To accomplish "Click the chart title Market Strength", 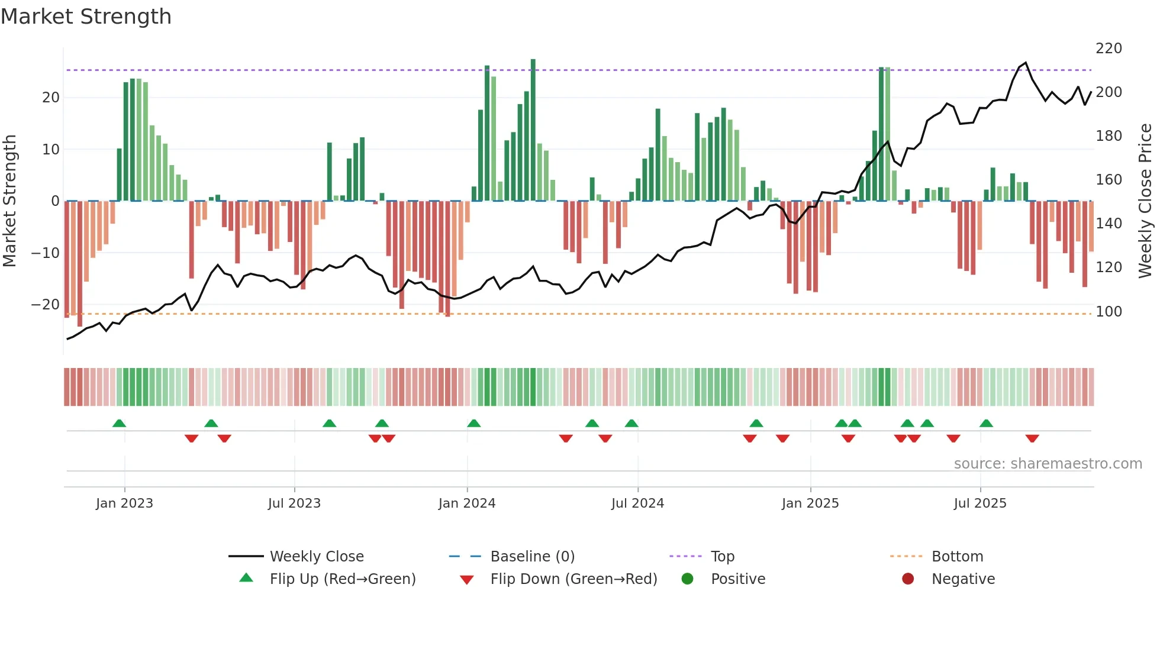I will point(86,17).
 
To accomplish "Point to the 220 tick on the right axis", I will point(1109,49).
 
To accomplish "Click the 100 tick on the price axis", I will point(1109,311).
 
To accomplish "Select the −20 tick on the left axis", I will point(46,305).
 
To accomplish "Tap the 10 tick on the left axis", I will point(51,150).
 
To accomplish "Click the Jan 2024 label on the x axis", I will point(467,503).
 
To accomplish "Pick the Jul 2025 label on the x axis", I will point(980,503).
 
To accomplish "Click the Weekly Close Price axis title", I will point(1145,201).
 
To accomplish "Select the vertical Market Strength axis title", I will point(10,201).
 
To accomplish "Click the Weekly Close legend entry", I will point(317,557).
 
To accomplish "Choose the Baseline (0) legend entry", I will point(532,557).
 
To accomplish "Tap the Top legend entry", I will point(722,557).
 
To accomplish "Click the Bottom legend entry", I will point(957,557).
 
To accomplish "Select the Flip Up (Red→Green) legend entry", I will point(343,579).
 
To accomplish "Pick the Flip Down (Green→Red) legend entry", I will point(573,579).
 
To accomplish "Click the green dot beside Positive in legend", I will point(687,579).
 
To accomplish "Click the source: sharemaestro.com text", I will point(1048,464).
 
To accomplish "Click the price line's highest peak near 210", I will point(1026,63).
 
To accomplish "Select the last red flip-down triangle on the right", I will point(1032,438).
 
